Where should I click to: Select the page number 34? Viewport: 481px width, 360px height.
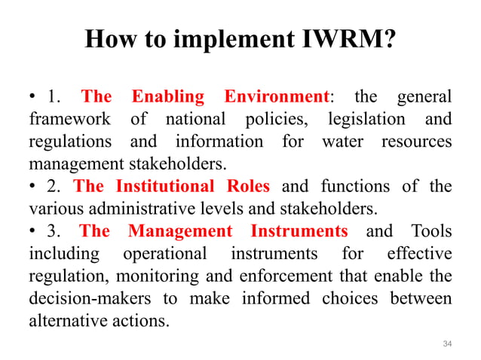pyautogui.click(x=447, y=343)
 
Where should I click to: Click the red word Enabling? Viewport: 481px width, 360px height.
pyautogui.click(x=168, y=97)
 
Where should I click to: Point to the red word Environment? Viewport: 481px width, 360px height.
pyautogui.click(x=277, y=97)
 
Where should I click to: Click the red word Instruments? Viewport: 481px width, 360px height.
pyautogui.click(x=299, y=230)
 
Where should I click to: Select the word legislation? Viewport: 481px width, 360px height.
pyautogui.click(x=365, y=120)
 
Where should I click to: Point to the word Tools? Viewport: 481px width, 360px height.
pyautogui.click(x=431, y=230)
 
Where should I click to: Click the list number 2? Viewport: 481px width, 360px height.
pyautogui.click(x=52, y=186)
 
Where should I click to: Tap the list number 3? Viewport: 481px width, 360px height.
pyautogui.click(x=52, y=230)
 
